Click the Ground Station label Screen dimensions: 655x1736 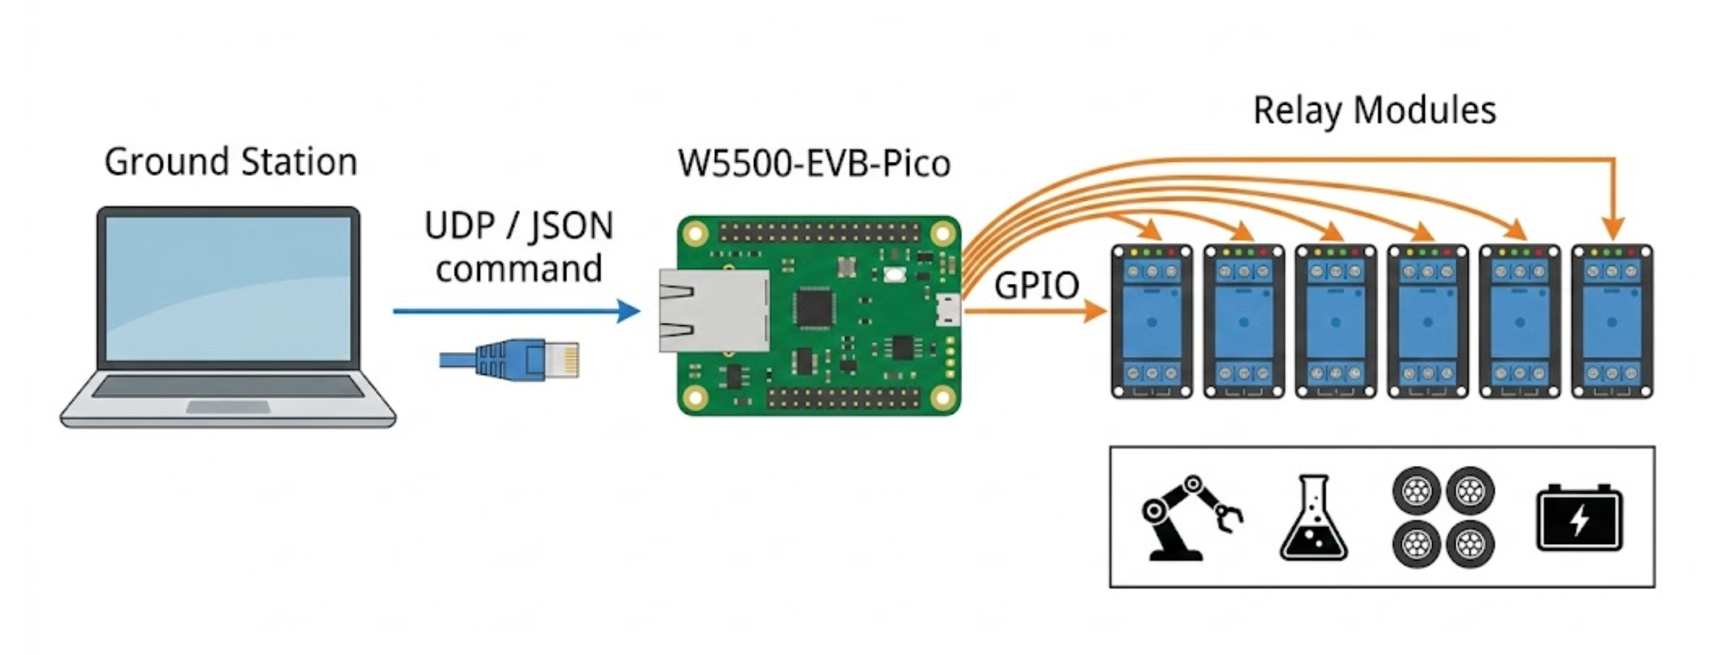(x=231, y=162)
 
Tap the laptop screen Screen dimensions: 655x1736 (x=228, y=288)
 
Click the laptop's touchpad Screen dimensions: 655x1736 (x=228, y=407)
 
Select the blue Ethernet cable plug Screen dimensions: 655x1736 (x=526, y=360)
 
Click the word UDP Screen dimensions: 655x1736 (x=459, y=225)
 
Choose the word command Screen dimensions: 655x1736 (x=519, y=268)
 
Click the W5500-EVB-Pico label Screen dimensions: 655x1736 (x=814, y=163)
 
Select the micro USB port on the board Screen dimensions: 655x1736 (x=948, y=310)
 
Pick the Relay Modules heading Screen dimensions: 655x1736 (x=1374, y=111)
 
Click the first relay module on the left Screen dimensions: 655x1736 (x=1152, y=322)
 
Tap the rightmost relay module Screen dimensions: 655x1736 (x=1612, y=322)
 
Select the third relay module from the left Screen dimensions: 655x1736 (x=1335, y=322)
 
